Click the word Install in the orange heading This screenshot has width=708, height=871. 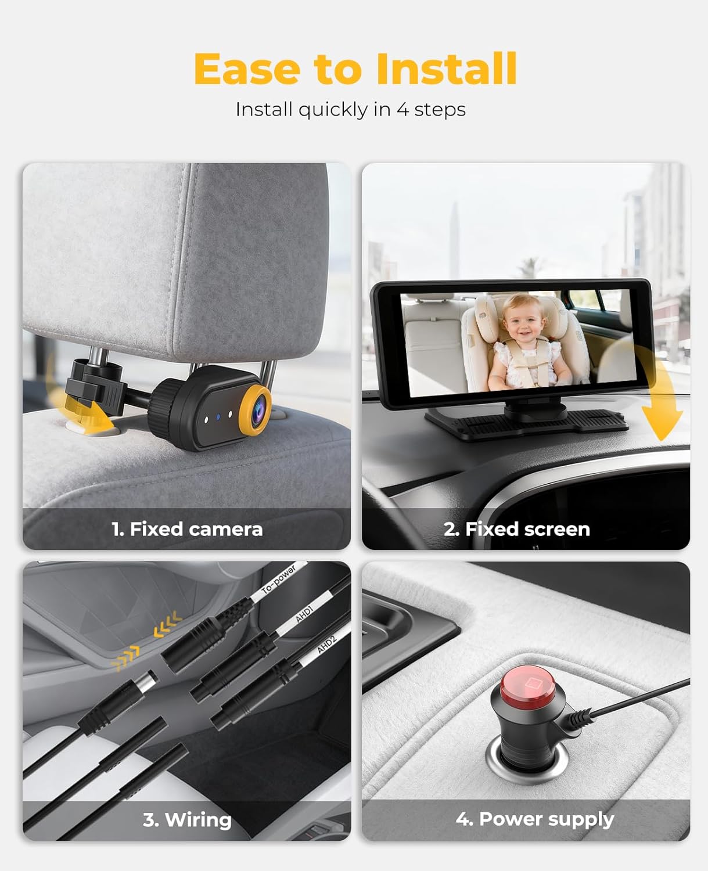pyautogui.click(x=446, y=69)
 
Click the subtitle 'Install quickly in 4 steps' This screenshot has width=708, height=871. pyautogui.click(x=350, y=109)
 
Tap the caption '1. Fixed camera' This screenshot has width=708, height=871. pyautogui.click(x=187, y=529)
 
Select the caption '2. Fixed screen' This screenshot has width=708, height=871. pyautogui.click(x=516, y=529)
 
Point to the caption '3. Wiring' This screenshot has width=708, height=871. pyautogui.click(x=187, y=819)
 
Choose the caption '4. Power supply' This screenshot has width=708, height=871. pyautogui.click(x=534, y=819)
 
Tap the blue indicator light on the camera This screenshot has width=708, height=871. pyautogui.click(x=218, y=417)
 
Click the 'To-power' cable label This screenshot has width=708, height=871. pyautogui.click(x=279, y=580)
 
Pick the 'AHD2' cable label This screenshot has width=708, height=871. pyautogui.click(x=326, y=644)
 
